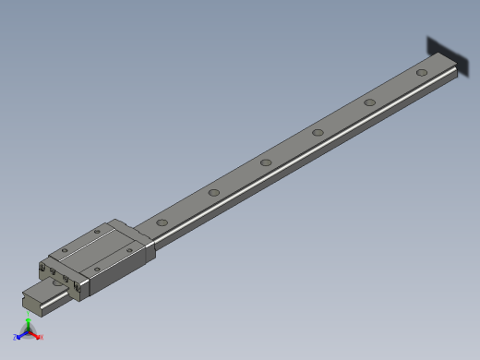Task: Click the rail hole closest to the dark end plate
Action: pos(421,72)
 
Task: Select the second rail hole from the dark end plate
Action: pos(369,102)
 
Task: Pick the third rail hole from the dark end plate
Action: pos(318,132)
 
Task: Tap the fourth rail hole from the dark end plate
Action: pos(266,162)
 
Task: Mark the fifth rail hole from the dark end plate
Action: pos(213,193)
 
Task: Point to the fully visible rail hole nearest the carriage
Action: pos(162,222)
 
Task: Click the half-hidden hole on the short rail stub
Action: pos(61,287)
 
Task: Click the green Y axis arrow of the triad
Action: pos(28,324)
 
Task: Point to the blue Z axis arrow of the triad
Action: pos(20,336)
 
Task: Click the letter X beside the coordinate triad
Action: pos(42,337)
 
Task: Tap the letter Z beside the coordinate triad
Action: pos(15,338)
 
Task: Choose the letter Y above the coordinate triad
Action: pos(29,317)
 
